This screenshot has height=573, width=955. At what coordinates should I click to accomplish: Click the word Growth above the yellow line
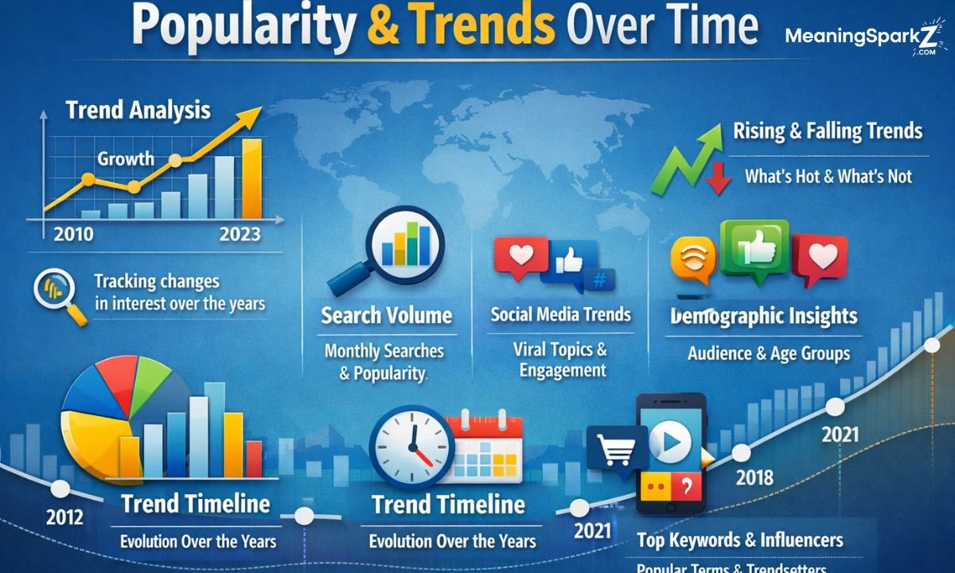[126, 158]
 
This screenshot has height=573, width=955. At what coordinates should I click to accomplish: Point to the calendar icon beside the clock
[485, 446]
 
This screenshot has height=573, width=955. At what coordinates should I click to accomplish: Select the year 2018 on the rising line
[754, 477]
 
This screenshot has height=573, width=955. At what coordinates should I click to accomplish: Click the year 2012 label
[64, 516]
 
